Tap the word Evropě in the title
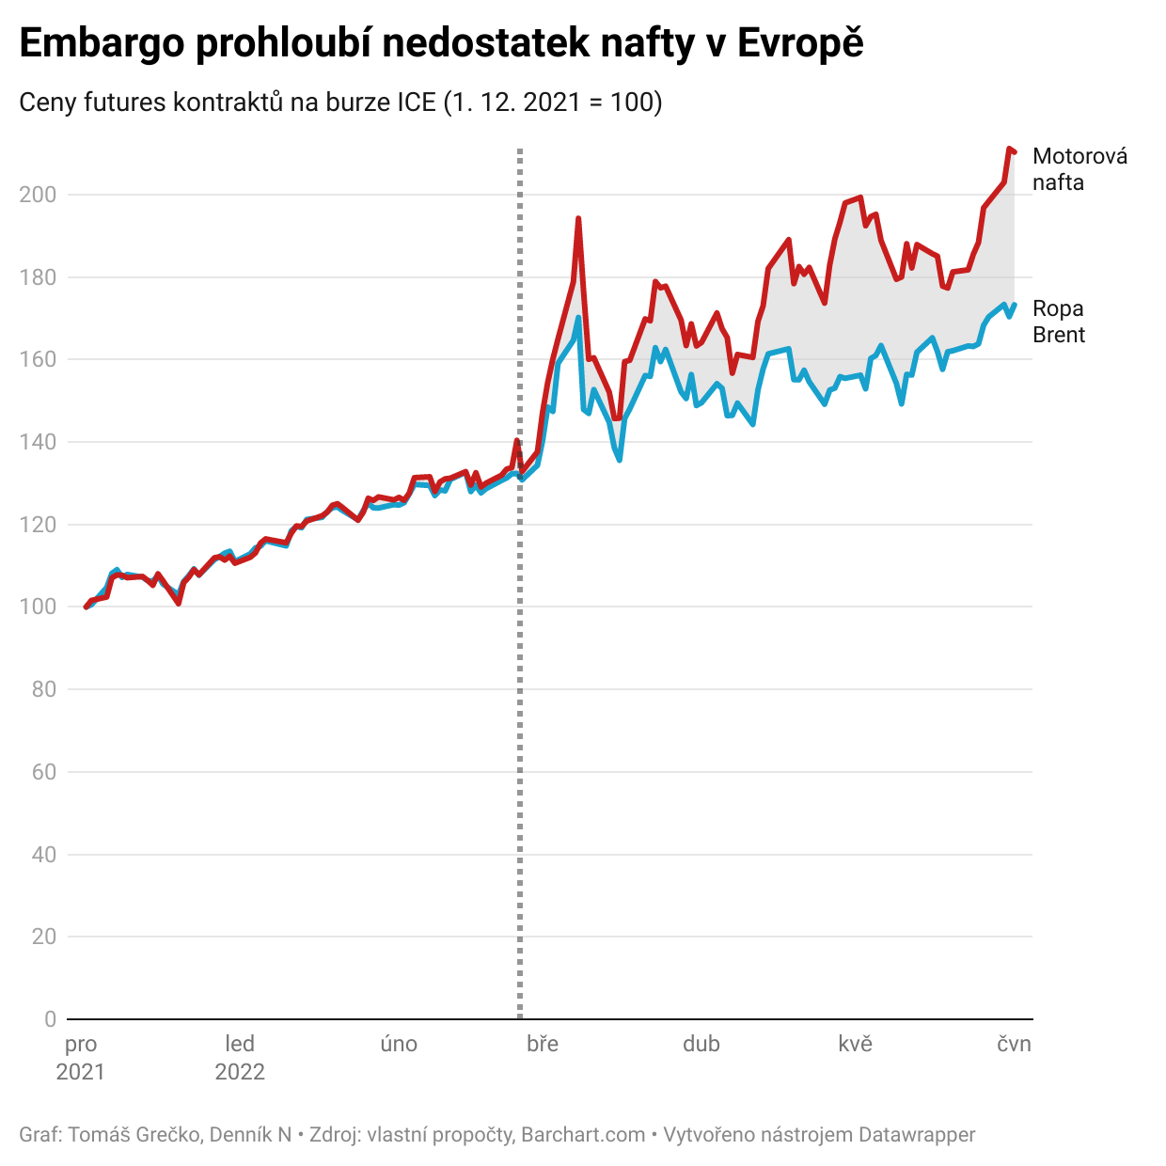click(x=800, y=44)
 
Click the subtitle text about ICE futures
click(x=340, y=102)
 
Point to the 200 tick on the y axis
click(x=38, y=195)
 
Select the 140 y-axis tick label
click(x=38, y=442)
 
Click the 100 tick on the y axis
click(x=38, y=607)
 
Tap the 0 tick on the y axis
click(x=50, y=1019)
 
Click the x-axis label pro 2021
click(x=81, y=1058)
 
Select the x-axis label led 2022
click(x=240, y=1058)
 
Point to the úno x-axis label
click(x=399, y=1044)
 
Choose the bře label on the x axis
click(x=543, y=1044)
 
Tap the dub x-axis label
click(x=701, y=1044)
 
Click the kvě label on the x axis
click(x=856, y=1044)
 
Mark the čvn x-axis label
click(x=1014, y=1044)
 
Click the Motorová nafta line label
click(x=1079, y=169)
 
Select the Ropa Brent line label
click(x=1059, y=322)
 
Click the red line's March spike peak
click(x=578, y=218)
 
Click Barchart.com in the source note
click(x=583, y=1135)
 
